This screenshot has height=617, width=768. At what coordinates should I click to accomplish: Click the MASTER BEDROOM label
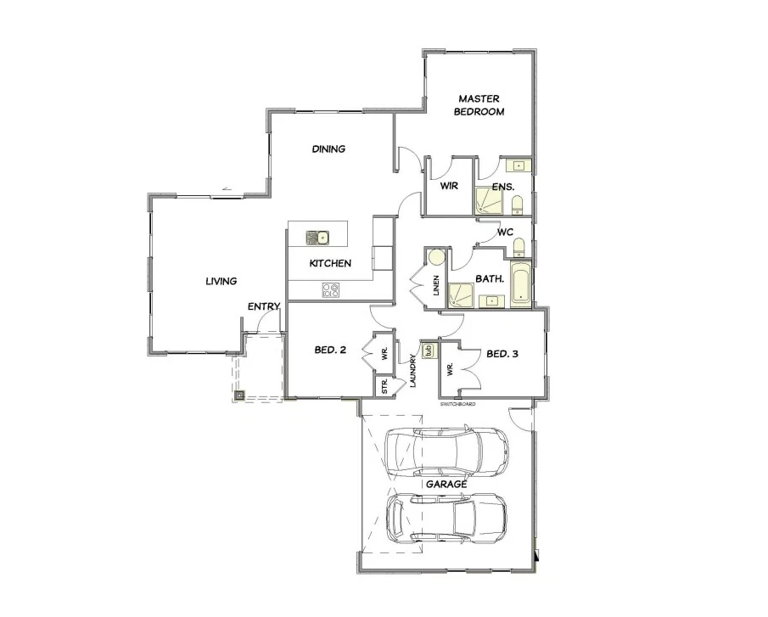[x=479, y=105]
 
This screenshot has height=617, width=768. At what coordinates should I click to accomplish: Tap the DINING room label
[x=328, y=149]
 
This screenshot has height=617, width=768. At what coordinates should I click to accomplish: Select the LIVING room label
[x=221, y=281]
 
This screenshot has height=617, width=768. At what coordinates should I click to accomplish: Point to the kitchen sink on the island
[x=317, y=238]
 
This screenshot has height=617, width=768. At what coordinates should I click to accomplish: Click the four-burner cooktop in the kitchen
[x=331, y=290]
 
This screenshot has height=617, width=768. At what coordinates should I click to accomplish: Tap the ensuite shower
[x=488, y=202]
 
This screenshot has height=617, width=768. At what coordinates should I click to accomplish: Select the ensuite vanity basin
[x=519, y=166]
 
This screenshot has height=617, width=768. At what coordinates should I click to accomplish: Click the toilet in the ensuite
[x=517, y=205]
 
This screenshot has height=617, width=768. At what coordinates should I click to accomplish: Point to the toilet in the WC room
[x=519, y=247]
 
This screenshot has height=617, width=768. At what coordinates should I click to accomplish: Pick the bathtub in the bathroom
[x=521, y=284]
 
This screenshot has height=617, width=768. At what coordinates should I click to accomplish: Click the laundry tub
[x=428, y=351]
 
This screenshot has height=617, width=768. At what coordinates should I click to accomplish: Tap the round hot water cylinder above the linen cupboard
[x=435, y=257]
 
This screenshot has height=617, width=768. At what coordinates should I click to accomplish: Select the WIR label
[x=449, y=186]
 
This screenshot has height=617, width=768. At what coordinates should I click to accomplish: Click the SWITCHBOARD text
[x=458, y=404]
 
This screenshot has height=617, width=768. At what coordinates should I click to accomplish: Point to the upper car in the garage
[x=446, y=452]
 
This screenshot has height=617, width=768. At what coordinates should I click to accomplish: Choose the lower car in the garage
[x=446, y=518]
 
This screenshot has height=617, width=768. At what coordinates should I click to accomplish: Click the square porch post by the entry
[x=239, y=395]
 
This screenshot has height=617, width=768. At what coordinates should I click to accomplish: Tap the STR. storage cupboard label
[x=384, y=386]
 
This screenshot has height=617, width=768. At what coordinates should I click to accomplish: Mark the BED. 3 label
[x=502, y=354]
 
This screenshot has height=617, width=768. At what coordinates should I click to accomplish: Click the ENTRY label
[x=264, y=306]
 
